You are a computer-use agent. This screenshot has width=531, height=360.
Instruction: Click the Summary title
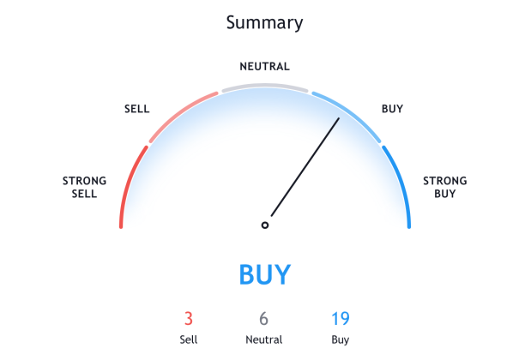pos(264,22)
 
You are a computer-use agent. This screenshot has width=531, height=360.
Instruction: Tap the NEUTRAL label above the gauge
pos(264,66)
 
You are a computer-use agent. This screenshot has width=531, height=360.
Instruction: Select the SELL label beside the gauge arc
pos(136,109)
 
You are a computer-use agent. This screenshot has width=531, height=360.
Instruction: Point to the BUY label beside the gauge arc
pos(392,109)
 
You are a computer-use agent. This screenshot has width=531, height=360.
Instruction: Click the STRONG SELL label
pos(85,187)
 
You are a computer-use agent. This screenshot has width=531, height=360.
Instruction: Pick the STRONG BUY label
pos(444,187)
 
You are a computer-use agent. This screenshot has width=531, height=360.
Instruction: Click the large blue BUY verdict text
pos(264,275)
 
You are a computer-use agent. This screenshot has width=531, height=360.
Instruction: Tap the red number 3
pos(189,319)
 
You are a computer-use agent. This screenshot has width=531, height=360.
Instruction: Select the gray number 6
pos(264,319)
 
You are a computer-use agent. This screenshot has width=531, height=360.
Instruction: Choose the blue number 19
pos(340,319)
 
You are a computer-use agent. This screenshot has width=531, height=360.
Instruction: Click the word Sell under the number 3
pos(189,339)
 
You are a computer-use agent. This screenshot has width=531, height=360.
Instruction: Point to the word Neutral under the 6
pos(264,339)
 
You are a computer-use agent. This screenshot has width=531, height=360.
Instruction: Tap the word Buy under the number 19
pos(340,339)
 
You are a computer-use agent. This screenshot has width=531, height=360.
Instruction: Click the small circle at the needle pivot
pos(265,225)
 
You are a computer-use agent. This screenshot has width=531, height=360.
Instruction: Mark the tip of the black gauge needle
pos(339,119)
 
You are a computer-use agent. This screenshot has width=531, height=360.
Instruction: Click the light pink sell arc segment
pos(179,111)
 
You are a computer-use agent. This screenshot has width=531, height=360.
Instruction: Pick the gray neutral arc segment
pos(264,86)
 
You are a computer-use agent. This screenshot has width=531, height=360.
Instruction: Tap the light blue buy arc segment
pos(350,111)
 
